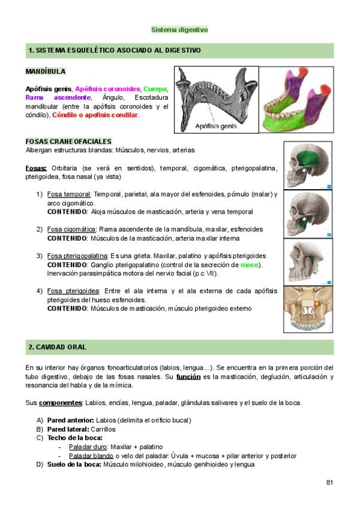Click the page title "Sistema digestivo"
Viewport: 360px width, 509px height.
pyautogui.click(x=179, y=29)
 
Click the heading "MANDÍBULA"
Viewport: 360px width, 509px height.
pyautogui.click(x=46, y=71)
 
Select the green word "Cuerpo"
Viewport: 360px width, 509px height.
pyautogui.click(x=155, y=89)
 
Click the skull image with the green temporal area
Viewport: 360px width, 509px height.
pyautogui.click(x=308, y=166)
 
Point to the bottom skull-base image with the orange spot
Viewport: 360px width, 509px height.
pyautogui.click(x=308, y=309)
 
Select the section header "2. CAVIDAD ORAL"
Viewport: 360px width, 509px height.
pyautogui.click(x=58, y=348)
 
